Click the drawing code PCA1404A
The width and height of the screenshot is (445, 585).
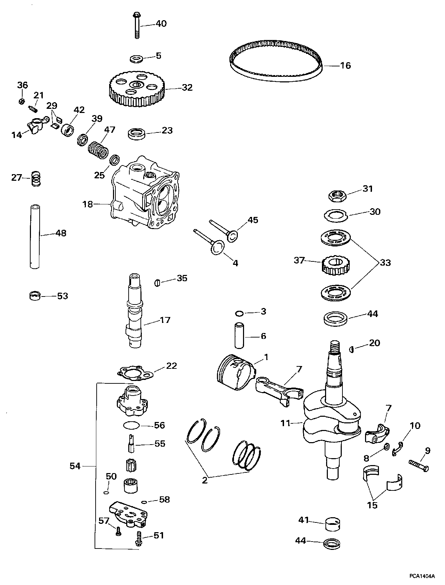(421, 576)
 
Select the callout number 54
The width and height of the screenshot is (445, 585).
(75, 466)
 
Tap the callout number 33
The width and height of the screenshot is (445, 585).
(385, 262)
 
